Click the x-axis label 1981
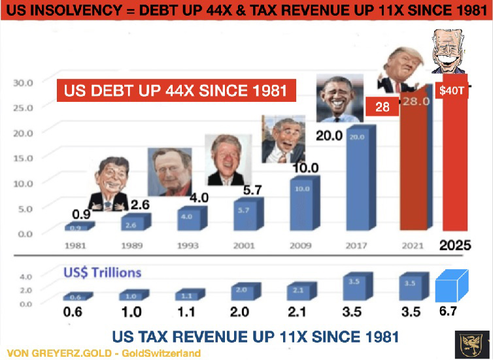[76, 247]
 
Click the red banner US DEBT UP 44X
[175, 90]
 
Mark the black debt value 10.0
[305, 168]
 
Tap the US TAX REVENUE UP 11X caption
[255, 336]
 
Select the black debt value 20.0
[330, 136]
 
